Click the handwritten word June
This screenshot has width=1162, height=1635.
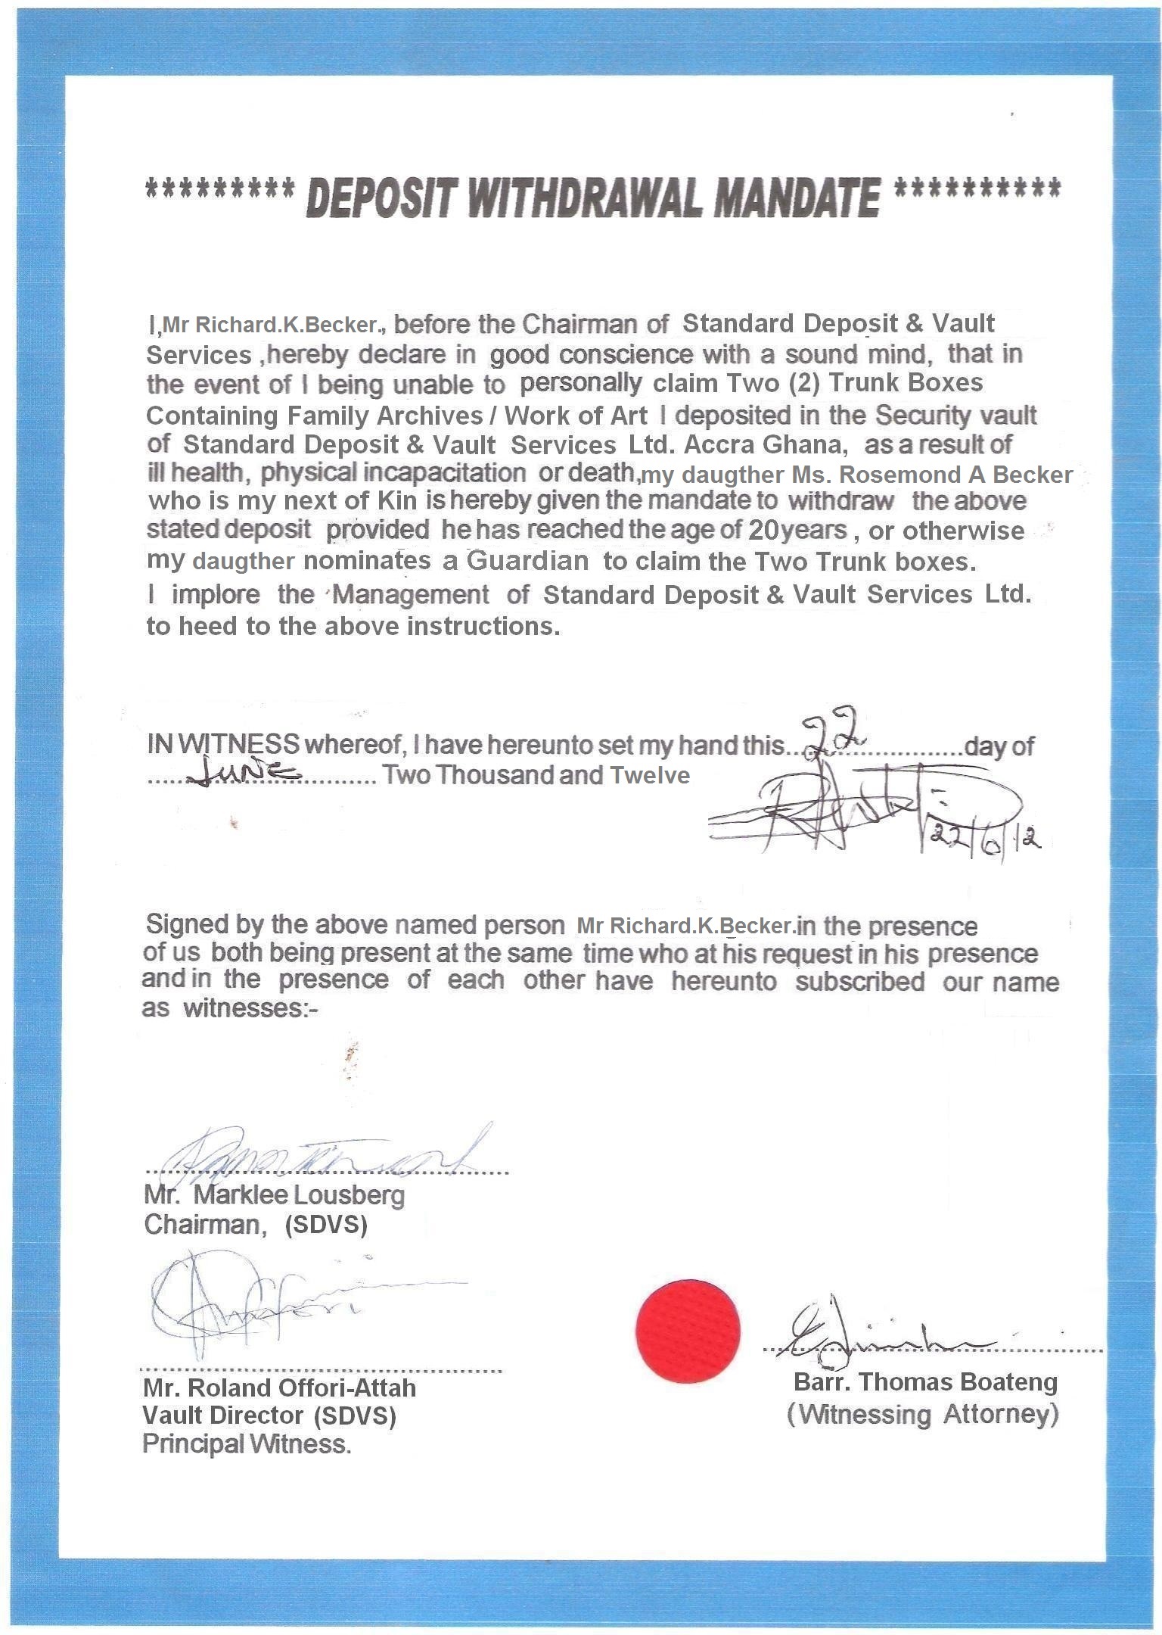coord(241,774)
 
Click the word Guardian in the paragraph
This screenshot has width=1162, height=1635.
coord(527,561)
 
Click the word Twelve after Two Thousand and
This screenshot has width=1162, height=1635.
coord(650,776)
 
